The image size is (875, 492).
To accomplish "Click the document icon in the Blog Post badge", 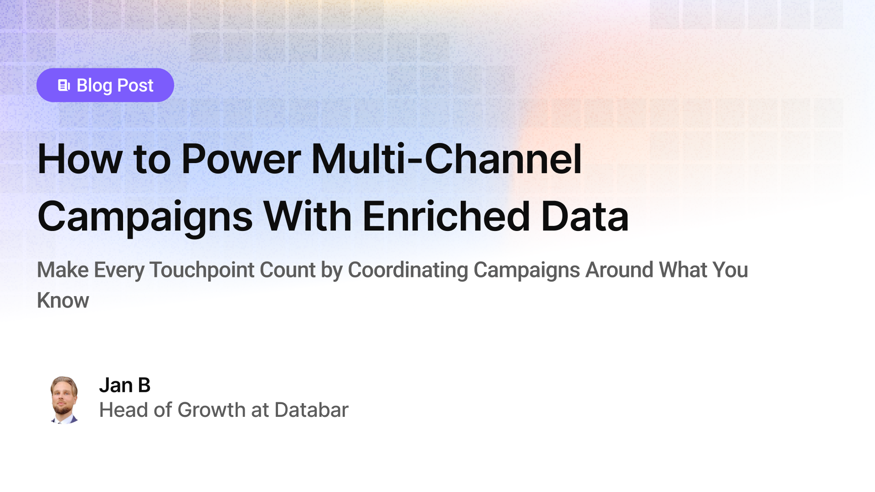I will (64, 85).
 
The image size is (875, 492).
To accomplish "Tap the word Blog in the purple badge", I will (94, 86).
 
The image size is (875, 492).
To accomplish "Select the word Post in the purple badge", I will (135, 86).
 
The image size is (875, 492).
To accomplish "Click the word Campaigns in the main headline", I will (145, 217).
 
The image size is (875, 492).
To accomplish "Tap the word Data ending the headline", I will (585, 217).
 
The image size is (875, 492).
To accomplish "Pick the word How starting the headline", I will (80, 159).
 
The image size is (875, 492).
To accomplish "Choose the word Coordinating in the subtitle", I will (408, 270).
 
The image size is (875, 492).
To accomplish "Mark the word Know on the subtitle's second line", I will (63, 301).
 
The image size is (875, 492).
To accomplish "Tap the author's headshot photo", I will (64, 400).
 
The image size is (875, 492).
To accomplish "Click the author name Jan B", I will (124, 385).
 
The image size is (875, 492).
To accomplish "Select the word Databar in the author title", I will (311, 410).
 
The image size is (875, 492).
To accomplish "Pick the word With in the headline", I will (308, 217).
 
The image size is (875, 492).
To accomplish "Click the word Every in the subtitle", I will (119, 270).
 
